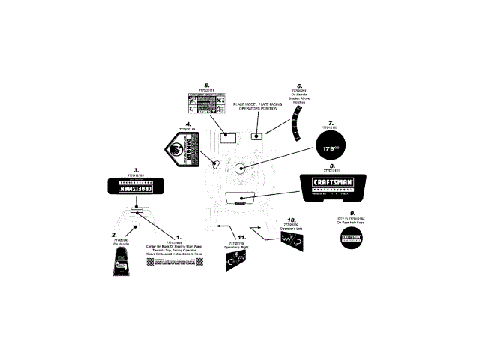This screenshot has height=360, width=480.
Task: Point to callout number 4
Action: [x=188, y=124]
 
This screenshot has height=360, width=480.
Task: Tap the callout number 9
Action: [x=352, y=212]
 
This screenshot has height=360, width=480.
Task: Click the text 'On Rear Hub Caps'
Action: [x=352, y=223]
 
